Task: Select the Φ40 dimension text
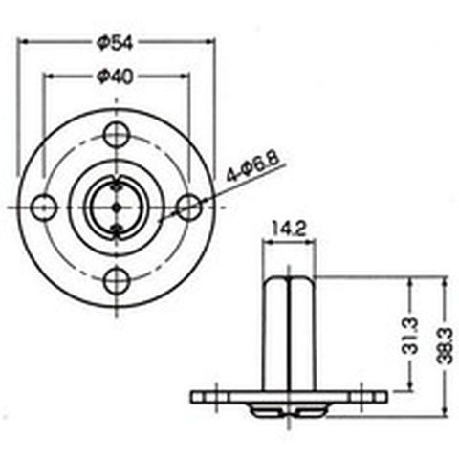[x=115, y=76]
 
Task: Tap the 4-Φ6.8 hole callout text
[x=252, y=166]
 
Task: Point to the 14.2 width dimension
[x=289, y=229]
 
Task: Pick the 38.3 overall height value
[x=445, y=345]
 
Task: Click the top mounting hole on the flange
[x=117, y=134]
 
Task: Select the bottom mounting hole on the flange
[x=117, y=281]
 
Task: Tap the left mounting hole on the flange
[x=44, y=208]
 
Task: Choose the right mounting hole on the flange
[x=189, y=208]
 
